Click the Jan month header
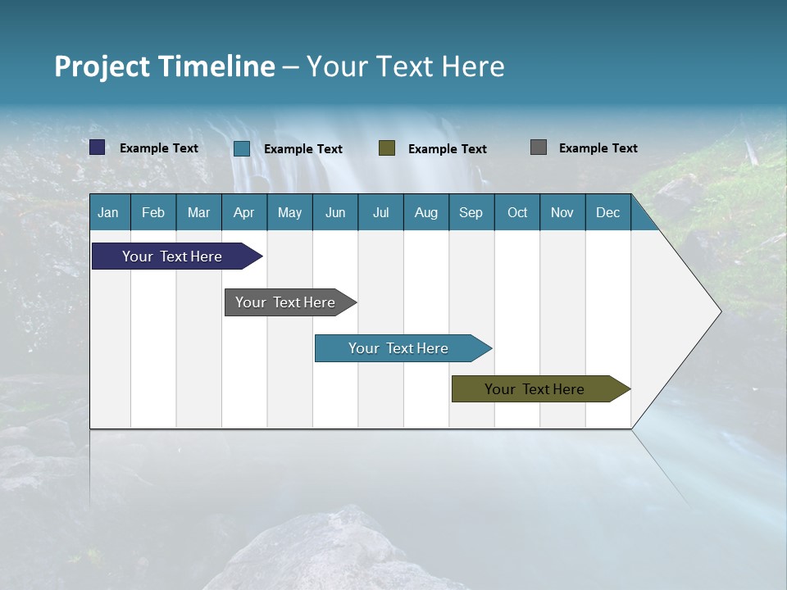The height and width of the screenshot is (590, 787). click(108, 212)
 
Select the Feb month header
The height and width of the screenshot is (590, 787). click(153, 212)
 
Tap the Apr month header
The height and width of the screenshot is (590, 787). click(243, 212)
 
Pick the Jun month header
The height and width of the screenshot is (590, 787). click(334, 212)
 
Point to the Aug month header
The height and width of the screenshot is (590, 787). click(425, 212)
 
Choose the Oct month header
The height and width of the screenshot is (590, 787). click(516, 212)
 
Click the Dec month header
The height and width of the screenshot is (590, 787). click(607, 212)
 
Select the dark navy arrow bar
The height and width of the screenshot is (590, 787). click(172, 256)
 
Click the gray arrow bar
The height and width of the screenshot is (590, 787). click(285, 302)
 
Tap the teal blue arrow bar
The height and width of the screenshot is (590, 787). click(398, 348)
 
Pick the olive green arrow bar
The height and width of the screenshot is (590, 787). click(535, 389)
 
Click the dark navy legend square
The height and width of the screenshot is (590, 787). click(98, 147)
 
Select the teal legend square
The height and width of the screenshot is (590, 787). click(242, 148)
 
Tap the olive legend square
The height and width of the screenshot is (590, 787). click(387, 148)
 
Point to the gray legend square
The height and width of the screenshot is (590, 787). click(539, 147)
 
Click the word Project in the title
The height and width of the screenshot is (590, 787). click(102, 66)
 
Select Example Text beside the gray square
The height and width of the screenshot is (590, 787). click(598, 147)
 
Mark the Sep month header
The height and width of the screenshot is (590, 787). click(471, 212)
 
